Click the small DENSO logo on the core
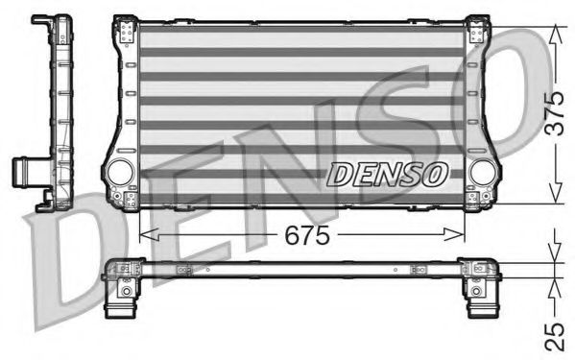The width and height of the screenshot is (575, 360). [387, 173]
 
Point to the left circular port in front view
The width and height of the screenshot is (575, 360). [120, 172]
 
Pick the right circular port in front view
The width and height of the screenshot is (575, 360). [483, 172]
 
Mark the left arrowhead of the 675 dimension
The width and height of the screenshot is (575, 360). [147, 233]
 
